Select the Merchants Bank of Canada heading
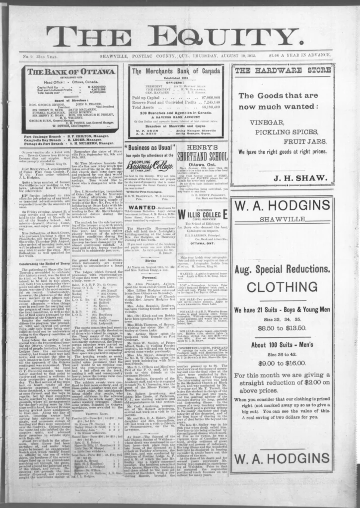click(176, 71)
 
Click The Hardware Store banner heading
click(282, 70)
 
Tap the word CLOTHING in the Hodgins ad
click(282, 287)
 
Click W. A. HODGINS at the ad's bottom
click(282, 457)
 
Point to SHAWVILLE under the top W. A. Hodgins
click(282, 219)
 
